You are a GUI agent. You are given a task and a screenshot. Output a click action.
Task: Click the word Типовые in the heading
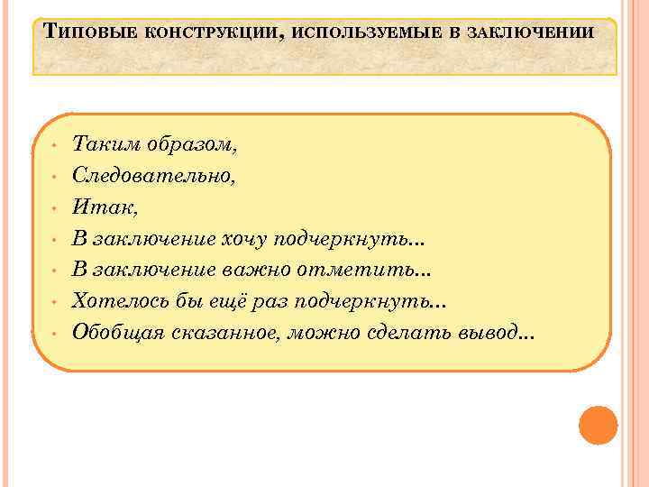click(84, 32)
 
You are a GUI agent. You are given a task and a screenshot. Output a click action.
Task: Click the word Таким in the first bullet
click(101, 143)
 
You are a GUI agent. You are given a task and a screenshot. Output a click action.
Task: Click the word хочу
click(246, 239)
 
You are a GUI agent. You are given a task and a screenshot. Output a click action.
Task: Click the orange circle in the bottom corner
click(599, 425)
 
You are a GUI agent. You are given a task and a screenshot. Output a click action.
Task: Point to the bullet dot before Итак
click(55, 208)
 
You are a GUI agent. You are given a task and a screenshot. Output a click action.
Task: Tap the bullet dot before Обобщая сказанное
click(55, 334)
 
